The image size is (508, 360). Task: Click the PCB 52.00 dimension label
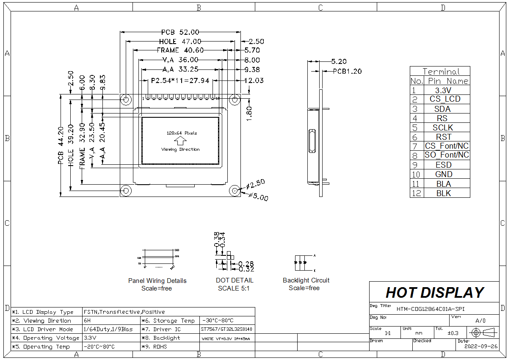click(x=180, y=32)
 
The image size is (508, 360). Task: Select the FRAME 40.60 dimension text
click(x=180, y=50)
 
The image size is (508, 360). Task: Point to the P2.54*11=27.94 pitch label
click(x=180, y=80)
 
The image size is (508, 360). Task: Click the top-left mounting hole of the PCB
click(x=126, y=99)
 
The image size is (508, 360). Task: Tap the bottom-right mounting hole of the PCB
click(x=235, y=191)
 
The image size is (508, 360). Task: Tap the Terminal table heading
click(x=440, y=72)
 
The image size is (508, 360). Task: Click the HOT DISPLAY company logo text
click(x=435, y=293)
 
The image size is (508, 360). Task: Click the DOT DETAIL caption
click(x=235, y=280)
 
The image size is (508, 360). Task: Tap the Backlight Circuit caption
click(x=306, y=280)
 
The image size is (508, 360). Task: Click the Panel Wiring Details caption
click(x=157, y=281)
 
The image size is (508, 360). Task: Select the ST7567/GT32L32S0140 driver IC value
click(x=227, y=329)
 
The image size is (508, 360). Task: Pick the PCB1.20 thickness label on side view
click(x=347, y=72)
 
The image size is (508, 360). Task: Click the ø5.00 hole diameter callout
click(x=258, y=197)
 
